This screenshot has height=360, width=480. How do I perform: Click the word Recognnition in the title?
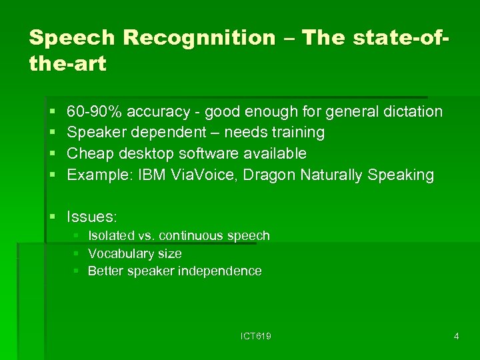tap(199, 38)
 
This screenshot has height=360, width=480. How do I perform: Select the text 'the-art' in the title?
tap(67, 65)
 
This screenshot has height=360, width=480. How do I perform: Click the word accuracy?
tap(157, 111)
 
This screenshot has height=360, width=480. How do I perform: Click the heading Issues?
tap(92, 217)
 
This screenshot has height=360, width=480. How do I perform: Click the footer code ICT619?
tap(256, 337)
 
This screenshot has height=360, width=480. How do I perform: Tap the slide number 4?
tap(456, 337)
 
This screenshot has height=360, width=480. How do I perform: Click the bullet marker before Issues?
tap(53, 217)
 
